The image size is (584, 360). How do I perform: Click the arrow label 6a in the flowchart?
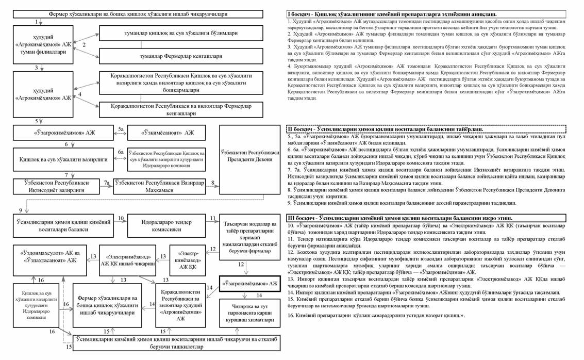(121, 153)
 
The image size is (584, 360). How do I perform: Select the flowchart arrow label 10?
(121, 219)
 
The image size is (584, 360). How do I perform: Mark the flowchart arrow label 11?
(213, 219)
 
